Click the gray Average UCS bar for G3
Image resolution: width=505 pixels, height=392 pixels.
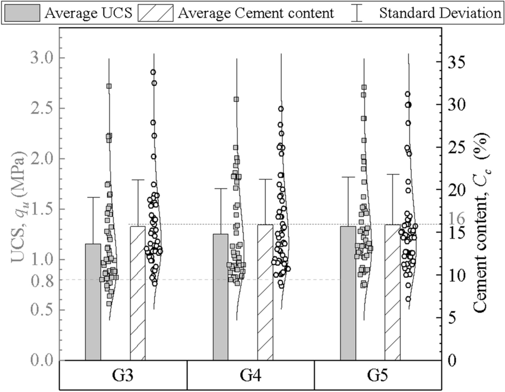click(93, 302)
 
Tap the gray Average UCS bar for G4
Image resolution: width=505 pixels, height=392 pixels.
click(220, 297)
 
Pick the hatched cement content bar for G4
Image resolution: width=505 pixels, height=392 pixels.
click(265, 292)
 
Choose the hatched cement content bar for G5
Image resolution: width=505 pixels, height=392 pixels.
click(392, 292)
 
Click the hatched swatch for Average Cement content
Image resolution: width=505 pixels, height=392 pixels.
click(156, 12)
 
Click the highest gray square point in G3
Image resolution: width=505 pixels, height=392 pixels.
click(109, 86)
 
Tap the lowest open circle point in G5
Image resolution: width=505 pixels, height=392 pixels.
click(408, 299)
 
